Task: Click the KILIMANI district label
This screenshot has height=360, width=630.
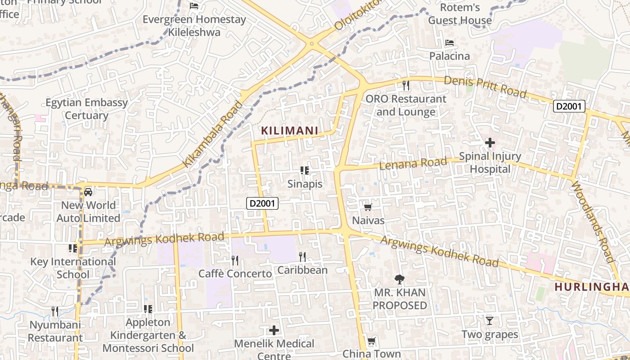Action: click(x=290, y=131)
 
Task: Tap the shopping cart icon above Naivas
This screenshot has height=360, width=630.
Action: click(x=368, y=207)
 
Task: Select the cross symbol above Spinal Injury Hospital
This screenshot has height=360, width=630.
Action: click(x=490, y=143)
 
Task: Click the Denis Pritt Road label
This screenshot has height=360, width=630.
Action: click(x=485, y=86)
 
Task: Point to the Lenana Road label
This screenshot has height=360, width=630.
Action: click(x=414, y=163)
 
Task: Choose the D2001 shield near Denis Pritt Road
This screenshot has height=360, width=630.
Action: click(x=569, y=106)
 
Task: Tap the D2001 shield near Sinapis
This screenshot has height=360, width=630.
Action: click(x=263, y=203)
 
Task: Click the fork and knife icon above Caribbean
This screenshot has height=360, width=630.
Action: click(x=302, y=257)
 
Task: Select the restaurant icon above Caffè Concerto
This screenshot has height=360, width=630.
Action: click(x=234, y=260)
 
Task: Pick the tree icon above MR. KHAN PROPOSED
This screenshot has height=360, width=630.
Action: click(x=399, y=279)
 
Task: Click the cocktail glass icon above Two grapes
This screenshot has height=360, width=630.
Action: click(x=490, y=321)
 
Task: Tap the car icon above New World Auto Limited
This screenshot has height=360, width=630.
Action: click(x=88, y=192)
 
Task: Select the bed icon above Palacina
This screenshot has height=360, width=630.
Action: click(x=449, y=43)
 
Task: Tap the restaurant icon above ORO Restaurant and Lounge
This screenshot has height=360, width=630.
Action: click(x=406, y=85)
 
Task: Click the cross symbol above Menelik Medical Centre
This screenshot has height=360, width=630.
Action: click(x=274, y=331)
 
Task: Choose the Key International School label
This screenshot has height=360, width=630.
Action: click(x=73, y=268)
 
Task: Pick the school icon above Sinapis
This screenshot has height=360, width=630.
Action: click(x=305, y=171)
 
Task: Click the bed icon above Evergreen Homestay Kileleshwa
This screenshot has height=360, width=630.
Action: click(x=194, y=6)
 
